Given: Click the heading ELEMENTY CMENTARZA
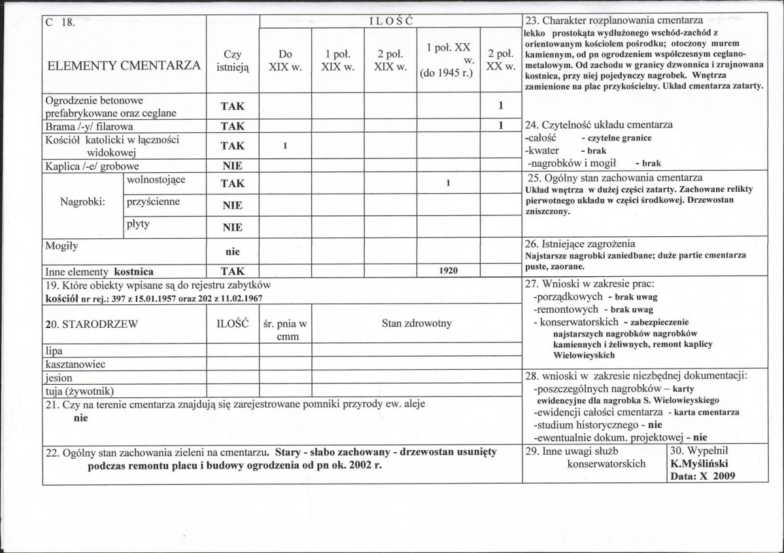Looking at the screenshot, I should (x=124, y=65).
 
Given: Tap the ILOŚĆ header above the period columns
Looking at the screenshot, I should (x=390, y=21).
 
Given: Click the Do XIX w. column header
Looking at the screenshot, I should (x=285, y=61).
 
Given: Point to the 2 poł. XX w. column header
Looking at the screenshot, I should (x=500, y=61).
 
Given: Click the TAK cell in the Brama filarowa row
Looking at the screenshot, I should (x=232, y=126).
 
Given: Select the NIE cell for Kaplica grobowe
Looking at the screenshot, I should (x=232, y=166).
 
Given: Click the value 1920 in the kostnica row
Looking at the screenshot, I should (x=448, y=270).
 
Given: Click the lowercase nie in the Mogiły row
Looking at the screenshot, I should (x=232, y=251).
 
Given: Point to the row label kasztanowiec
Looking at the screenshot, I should (x=76, y=364).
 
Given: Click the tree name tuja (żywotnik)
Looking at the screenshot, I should (x=80, y=391).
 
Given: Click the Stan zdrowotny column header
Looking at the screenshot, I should (x=417, y=323).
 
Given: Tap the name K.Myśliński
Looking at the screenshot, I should (x=698, y=463).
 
